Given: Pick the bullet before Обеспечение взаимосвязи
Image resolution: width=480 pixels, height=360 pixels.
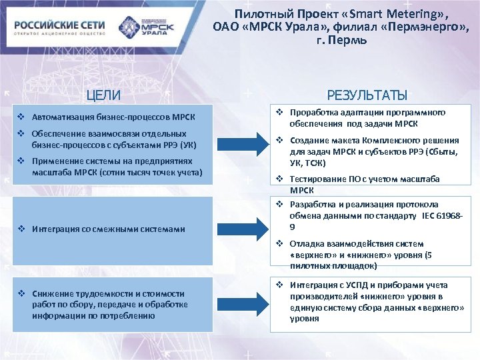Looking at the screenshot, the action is (22, 134).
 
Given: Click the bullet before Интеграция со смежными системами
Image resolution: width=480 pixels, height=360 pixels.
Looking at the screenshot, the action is (22, 229).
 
